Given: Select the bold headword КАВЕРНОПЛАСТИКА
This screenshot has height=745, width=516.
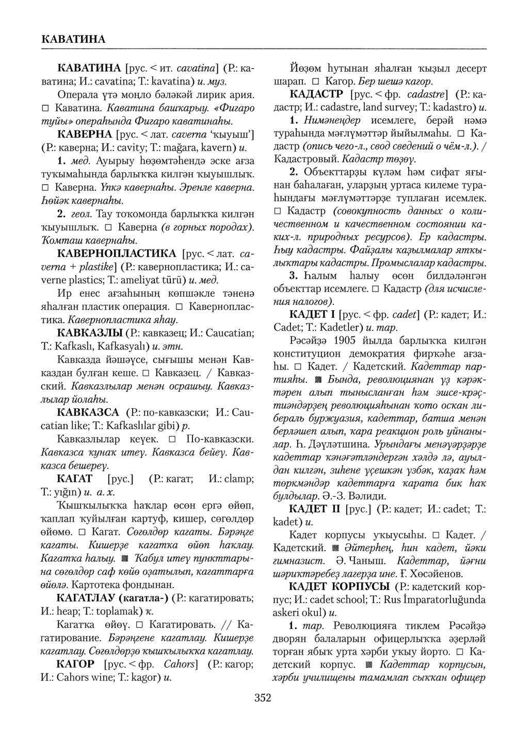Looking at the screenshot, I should tap(118, 254).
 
